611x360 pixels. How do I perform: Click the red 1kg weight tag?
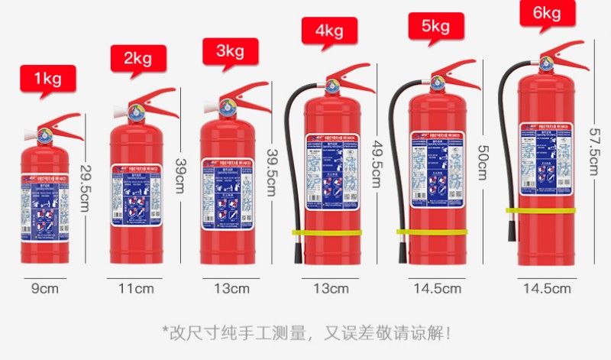pyautogui.click(x=47, y=78)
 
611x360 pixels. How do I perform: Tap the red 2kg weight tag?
pyautogui.click(x=138, y=59)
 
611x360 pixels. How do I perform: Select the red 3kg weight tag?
pyautogui.click(x=230, y=51)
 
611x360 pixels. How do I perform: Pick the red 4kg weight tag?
pyautogui.click(x=329, y=31)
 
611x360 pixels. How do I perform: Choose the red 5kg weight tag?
pyautogui.click(x=435, y=27)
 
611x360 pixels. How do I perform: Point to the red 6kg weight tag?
pyautogui.click(x=548, y=13)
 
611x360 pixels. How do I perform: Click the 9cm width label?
pyautogui.click(x=44, y=289)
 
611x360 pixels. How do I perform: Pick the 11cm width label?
pyautogui.click(x=135, y=289)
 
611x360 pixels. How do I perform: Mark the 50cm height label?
pyautogui.click(x=483, y=163)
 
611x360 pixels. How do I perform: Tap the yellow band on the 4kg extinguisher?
pyautogui.click(x=326, y=232)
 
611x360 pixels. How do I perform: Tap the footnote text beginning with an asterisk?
pyautogui.click(x=306, y=333)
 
